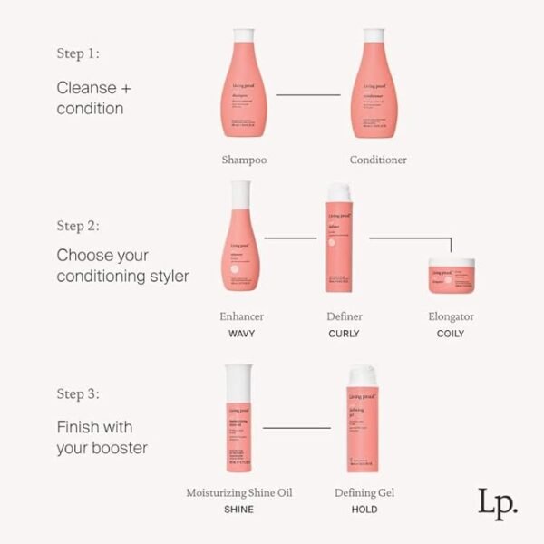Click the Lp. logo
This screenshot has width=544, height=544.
click(x=497, y=501)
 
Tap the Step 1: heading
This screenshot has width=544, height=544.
click(x=78, y=53)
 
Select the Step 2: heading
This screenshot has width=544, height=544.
click(x=78, y=225)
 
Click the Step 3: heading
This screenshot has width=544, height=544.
click(x=78, y=394)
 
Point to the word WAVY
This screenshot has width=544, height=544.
click(x=241, y=334)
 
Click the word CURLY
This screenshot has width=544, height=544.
click(x=344, y=334)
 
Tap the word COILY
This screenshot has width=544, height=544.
click(x=451, y=334)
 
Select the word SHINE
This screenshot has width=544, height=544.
click(x=239, y=510)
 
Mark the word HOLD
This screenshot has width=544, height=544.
click(x=365, y=510)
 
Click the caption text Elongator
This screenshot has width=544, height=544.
click(x=451, y=316)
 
